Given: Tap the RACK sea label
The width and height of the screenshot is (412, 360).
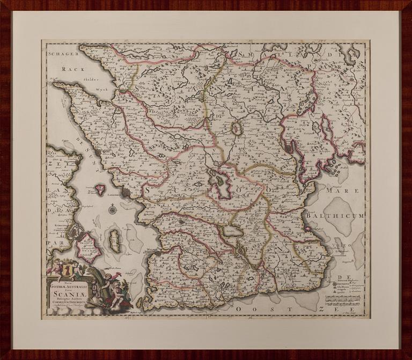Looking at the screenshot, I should tap(69, 69).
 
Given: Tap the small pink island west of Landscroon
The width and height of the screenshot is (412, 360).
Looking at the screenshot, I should tap(99, 189).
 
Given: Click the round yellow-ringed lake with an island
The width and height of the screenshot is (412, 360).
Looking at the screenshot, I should tap(237, 128).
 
